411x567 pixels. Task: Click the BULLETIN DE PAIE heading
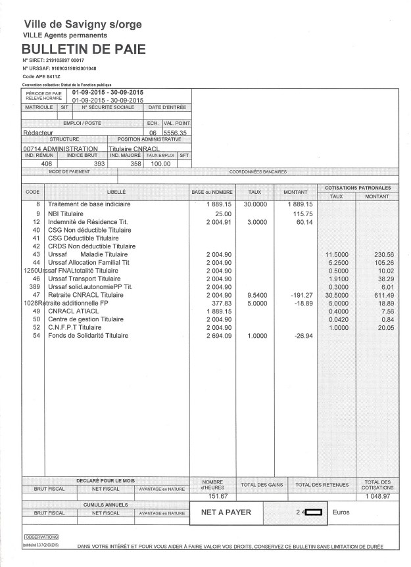(84, 49)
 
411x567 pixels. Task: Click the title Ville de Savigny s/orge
(82, 24)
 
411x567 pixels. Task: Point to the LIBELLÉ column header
(116, 191)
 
